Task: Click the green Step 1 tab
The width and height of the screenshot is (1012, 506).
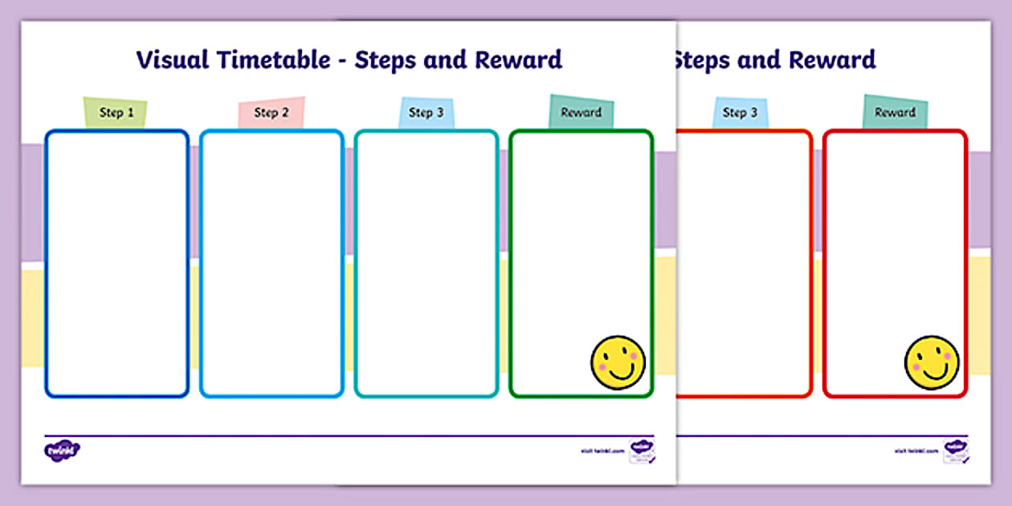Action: click(x=116, y=112)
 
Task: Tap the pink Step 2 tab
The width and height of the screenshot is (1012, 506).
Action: click(x=271, y=112)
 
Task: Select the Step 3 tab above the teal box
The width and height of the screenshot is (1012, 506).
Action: click(x=426, y=112)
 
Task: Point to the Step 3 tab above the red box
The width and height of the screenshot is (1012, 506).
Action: click(x=740, y=112)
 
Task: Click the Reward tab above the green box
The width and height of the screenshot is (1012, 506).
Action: click(x=581, y=112)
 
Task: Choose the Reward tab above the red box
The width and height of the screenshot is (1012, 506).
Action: click(x=896, y=112)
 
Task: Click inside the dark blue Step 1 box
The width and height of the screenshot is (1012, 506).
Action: click(x=116, y=263)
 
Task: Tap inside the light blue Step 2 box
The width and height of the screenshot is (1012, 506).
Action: click(x=271, y=263)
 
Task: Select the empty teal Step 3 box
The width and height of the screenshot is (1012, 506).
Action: click(x=426, y=263)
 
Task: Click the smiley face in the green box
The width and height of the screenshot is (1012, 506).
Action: click(x=618, y=362)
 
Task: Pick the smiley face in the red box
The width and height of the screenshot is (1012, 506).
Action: click(x=932, y=362)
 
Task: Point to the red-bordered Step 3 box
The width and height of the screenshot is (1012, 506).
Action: click(x=743, y=263)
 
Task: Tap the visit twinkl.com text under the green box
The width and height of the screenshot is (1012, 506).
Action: click(x=602, y=451)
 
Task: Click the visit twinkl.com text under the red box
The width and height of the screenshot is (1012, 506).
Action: click(x=916, y=451)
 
